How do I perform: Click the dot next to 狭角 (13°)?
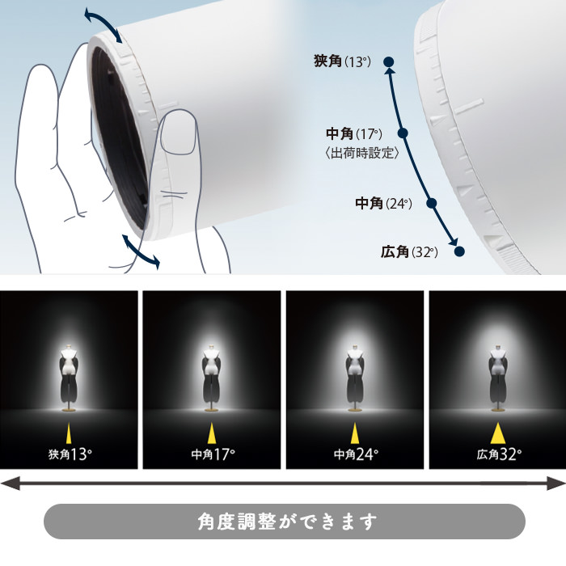coord(389,61)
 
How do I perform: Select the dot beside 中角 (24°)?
coord(432,204)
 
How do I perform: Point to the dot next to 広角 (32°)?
coord(459,251)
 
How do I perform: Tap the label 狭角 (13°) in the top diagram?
coord(341,61)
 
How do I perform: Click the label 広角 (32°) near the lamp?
coord(409,252)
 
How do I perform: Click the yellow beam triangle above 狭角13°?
coord(69,432)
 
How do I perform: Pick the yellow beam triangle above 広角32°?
coord(496,432)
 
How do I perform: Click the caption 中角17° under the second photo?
coord(212,454)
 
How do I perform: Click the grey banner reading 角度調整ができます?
coord(284,521)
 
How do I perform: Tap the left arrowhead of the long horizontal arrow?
coord(8,483)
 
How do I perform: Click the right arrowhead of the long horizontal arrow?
coord(558,483)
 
